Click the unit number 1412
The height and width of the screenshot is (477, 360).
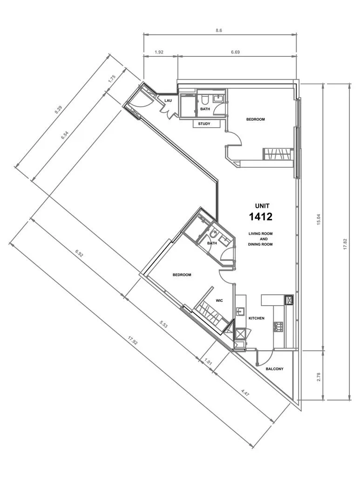[260, 217]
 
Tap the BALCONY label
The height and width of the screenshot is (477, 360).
[274, 369]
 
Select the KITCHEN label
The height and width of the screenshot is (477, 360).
[256, 318]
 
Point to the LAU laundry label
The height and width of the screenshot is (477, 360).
[168, 101]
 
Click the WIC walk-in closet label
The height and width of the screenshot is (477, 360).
[219, 300]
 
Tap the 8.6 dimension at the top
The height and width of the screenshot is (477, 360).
[219, 30]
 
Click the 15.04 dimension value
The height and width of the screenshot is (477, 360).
[319, 219]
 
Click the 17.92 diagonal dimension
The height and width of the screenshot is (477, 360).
[133, 342]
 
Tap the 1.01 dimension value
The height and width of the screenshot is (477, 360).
[208, 362]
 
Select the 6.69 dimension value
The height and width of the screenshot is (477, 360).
[235, 52]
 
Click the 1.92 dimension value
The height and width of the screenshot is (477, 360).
[159, 52]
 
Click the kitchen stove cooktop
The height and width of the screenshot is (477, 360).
[278, 327]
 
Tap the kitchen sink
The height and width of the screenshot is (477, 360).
[240, 312]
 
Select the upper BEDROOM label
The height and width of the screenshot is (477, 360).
[255, 119]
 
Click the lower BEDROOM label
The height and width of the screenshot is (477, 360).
[182, 275]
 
